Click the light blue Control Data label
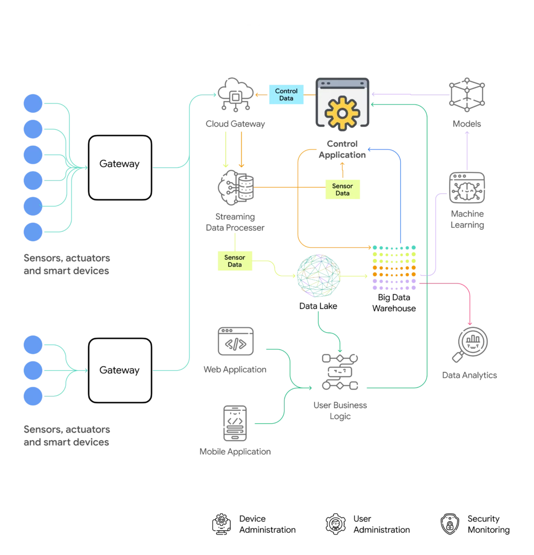(286, 95)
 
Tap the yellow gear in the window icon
(342, 112)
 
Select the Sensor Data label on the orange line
(342, 189)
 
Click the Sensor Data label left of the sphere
(235, 261)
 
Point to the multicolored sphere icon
(318, 276)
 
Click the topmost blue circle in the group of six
(32, 103)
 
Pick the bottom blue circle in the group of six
(32, 231)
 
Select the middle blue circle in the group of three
(32, 370)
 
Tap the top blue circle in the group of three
(32, 345)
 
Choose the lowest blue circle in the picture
(32, 396)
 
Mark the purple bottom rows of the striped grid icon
(394, 283)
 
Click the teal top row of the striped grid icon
(394, 248)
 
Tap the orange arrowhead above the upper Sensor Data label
(342, 162)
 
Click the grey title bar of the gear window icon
(342, 84)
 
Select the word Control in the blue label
(286, 91)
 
